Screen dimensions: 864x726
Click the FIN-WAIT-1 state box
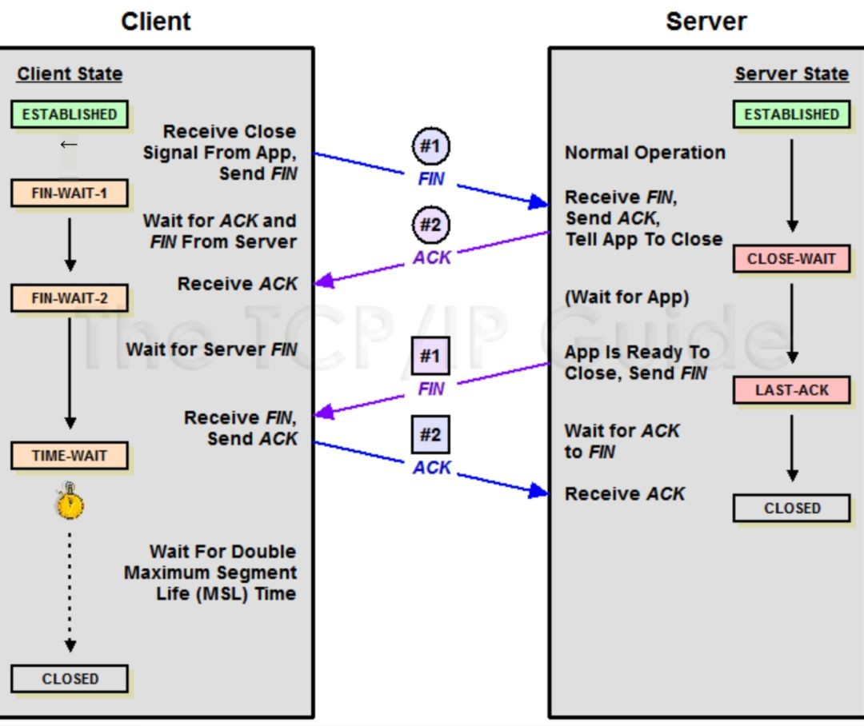click(70, 193)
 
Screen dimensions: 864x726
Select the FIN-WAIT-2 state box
click(70, 298)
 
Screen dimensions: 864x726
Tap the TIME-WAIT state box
click(70, 456)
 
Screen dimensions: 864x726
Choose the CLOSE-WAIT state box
click(791, 258)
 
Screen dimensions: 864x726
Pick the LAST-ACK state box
click(791, 390)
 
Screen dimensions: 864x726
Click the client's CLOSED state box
click(70, 679)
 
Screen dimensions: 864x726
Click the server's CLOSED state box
click(791, 508)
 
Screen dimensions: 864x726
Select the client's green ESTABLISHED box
click(70, 114)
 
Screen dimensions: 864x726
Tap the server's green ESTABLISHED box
click(791, 114)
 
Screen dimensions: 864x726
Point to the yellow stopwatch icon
click(70, 501)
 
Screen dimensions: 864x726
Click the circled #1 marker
click(431, 146)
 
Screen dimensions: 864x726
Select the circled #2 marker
click(431, 225)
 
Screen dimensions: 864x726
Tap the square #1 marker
click(431, 356)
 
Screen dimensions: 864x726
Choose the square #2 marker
click(431, 435)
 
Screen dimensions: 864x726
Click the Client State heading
click(70, 74)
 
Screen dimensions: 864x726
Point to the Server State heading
click(791, 74)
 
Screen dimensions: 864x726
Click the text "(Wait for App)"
click(627, 297)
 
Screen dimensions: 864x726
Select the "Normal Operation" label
click(646, 153)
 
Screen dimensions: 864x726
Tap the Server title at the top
click(706, 22)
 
